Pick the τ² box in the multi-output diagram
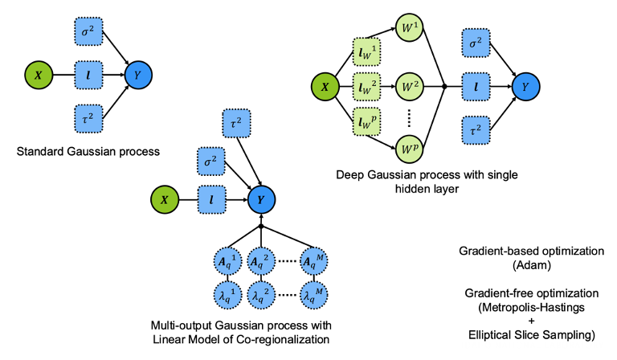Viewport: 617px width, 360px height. point(238,123)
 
